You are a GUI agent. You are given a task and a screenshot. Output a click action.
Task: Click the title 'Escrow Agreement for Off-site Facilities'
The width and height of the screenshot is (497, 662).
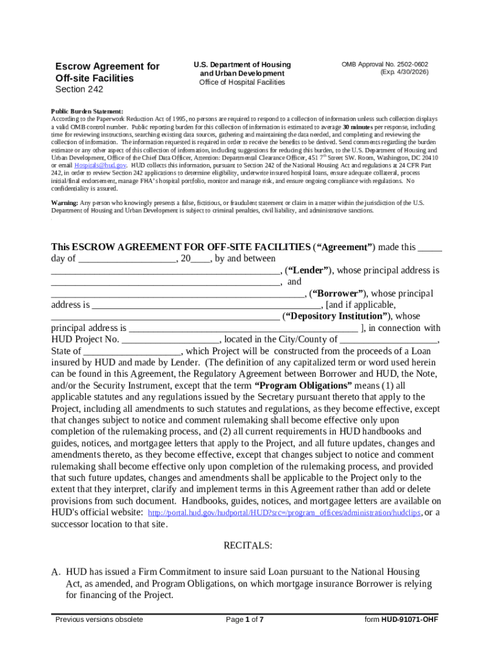(x=107, y=72)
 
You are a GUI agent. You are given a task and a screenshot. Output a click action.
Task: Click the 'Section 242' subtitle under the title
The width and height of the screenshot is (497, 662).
(x=79, y=90)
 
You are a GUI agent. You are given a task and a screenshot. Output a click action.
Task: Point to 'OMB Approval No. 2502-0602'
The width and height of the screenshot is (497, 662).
(x=385, y=65)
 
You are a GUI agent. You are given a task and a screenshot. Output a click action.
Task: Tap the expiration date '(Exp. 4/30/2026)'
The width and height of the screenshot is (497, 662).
(x=404, y=72)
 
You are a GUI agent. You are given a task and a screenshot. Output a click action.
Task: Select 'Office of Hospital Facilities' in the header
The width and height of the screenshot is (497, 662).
(x=242, y=82)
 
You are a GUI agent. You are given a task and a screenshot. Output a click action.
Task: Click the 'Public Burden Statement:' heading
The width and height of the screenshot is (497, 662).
(x=87, y=112)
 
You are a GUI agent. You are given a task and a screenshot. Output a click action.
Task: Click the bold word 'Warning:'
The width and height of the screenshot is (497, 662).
(x=65, y=203)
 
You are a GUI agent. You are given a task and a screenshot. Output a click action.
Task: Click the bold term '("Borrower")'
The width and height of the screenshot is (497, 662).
(x=336, y=294)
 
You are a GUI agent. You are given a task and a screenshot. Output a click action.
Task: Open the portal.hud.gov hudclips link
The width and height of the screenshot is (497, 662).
(x=285, y=513)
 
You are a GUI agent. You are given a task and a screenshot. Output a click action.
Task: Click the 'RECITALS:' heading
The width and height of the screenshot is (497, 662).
(x=248, y=546)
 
